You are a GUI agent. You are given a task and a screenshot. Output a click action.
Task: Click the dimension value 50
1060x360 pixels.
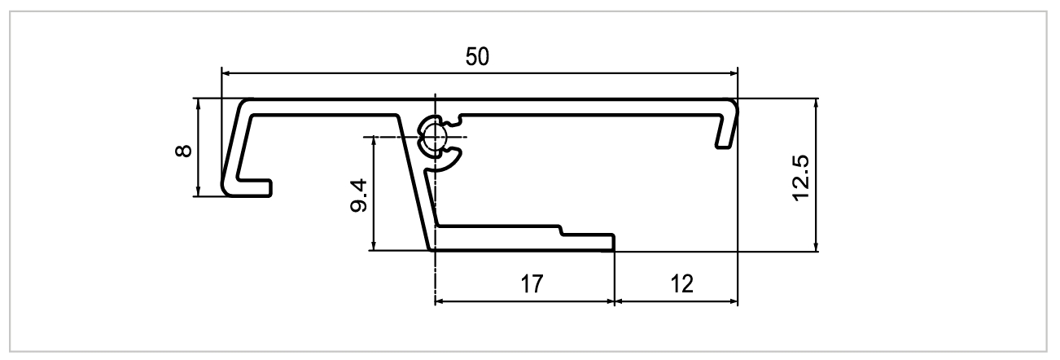point(478,58)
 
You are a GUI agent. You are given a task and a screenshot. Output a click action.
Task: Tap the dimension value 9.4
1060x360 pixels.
point(357,195)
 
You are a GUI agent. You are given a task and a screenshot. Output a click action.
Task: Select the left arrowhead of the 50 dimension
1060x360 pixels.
point(227,72)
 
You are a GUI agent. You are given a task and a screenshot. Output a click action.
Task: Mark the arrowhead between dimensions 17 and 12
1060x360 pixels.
point(614,301)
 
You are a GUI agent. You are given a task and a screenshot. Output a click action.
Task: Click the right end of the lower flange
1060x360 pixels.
point(612,242)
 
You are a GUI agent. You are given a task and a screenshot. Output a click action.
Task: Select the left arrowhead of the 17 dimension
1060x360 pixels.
point(440,301)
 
